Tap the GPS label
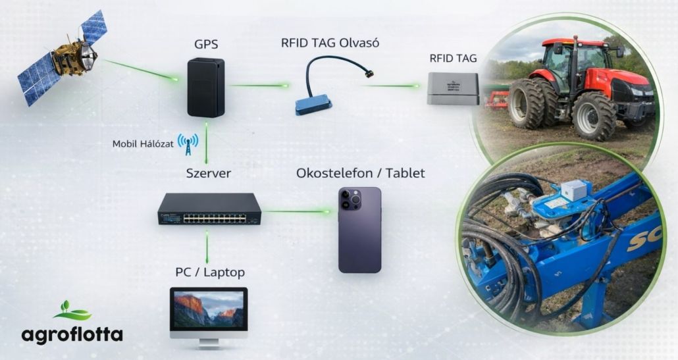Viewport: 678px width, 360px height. point(205,45)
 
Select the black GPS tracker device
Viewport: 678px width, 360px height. point(205,88)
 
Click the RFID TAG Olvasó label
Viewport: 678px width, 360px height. point(330,43)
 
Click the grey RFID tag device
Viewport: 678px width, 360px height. point(452,89)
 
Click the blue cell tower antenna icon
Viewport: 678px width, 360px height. point(188,145)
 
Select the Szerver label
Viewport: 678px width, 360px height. point(208,174)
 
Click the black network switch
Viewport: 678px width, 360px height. point(209,209)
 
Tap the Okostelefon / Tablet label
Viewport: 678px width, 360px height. point(361,174)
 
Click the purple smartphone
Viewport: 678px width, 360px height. point(360,230)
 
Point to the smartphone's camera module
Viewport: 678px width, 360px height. point(350,199)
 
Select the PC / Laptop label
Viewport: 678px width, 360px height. point(210,272)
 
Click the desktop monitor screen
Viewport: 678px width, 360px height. point(209,309)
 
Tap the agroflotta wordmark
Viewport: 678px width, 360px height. point(72,334)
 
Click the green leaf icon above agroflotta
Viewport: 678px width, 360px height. point(72,311)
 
